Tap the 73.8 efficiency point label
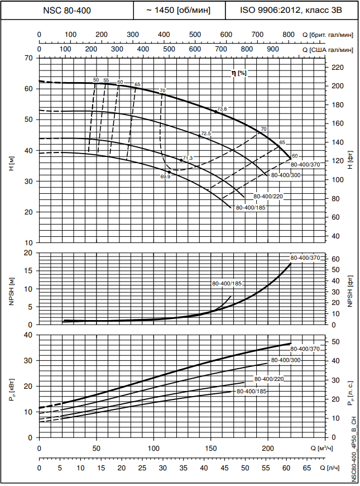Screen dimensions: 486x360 coord(223,108)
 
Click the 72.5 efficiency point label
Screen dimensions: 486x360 coord(206,133)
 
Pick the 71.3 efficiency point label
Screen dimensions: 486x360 coord(188,158)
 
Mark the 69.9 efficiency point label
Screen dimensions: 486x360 coord(165,177)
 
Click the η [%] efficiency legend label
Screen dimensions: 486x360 coord(239,73)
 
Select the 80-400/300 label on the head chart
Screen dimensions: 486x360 coord(286,175)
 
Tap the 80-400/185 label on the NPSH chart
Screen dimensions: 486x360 coord(227,284)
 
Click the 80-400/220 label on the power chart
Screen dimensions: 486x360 coord(269,379)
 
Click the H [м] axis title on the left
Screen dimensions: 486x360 coord(11,164)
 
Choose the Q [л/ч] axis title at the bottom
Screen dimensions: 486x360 coord(331,466)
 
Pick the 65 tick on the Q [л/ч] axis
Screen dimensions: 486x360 coord(306,466)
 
